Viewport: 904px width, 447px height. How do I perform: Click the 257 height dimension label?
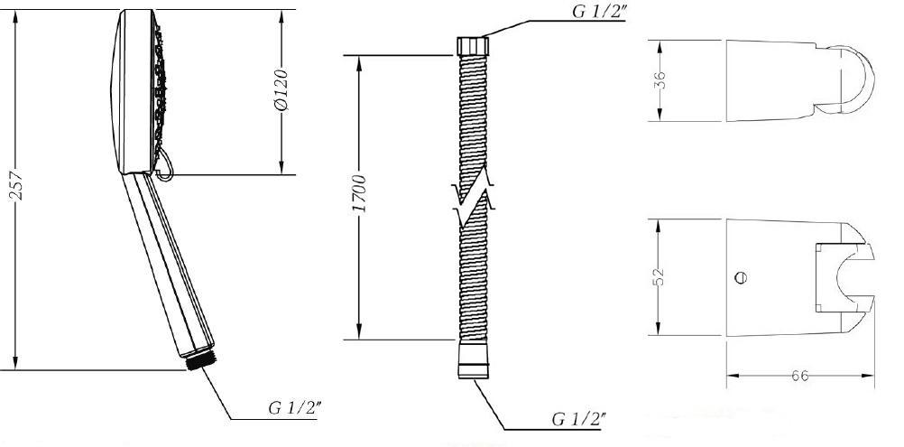[17, 185]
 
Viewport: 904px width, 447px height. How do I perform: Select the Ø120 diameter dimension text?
[281, 90]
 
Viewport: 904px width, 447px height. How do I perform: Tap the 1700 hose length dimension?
[358, 193]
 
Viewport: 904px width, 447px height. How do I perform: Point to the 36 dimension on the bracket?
[660, 79]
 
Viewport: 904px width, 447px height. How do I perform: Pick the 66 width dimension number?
[799, 376]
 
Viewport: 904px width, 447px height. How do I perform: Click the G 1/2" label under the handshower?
[295, 408]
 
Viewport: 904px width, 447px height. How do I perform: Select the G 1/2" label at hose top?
[598, 12]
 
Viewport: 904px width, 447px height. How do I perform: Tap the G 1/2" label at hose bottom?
[579, 419]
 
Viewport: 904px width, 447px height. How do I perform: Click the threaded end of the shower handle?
[201, 361]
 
